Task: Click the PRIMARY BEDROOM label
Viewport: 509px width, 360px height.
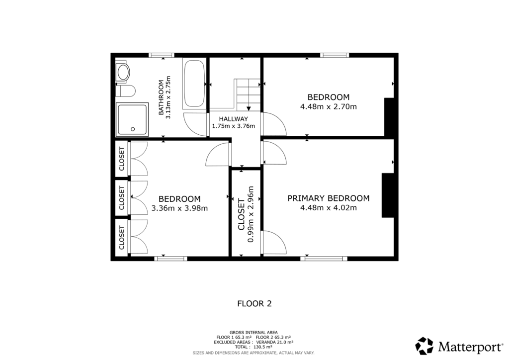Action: click(x=328, y=198)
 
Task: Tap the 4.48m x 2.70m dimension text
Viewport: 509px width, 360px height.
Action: click(x=328, y=106)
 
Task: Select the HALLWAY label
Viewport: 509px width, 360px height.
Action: click(x=233, y=119)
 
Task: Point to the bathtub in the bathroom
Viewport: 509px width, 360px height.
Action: click(x=194, y=84)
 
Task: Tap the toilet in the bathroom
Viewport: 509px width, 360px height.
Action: click(x=126, y=91)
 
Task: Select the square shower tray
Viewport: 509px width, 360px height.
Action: click(x=132, y=119)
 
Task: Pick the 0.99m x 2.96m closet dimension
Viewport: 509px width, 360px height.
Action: click(x=251, y=214)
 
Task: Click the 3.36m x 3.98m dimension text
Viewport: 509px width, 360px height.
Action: click(x=179, y=208)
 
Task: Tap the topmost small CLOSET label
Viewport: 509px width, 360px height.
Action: click(x=121, y=159)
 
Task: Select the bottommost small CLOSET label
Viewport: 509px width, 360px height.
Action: click(x=121, y=238)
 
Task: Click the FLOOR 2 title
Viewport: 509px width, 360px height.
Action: click(x=254, y=303)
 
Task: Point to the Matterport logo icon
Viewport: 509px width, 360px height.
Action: click(x=425, y=346)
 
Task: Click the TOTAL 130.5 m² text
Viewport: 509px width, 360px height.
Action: click(x=254, y=347)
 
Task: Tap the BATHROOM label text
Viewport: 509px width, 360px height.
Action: click(x=161, y=97)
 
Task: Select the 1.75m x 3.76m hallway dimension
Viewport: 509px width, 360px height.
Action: click(x=233, y=126)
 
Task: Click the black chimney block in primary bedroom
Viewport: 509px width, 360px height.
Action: click(x=388, y=195)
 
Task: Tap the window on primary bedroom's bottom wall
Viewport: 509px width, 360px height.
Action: click(x=324, y=258)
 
